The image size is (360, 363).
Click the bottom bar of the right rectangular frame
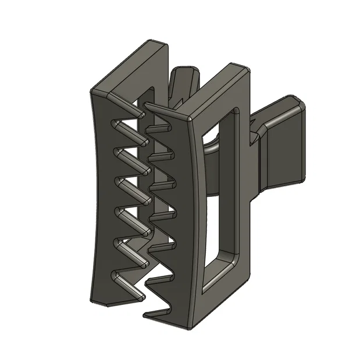click(x=224, y=273)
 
